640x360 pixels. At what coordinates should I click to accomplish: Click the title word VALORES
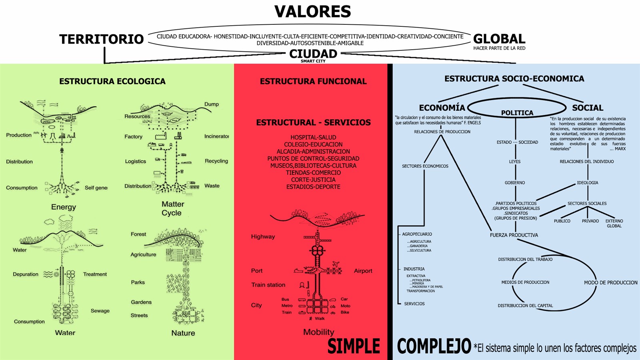click(x=312, y=12)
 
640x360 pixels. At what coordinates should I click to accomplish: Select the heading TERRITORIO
click(x=102, y=39)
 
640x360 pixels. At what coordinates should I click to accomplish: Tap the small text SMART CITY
click(x=313, y=61)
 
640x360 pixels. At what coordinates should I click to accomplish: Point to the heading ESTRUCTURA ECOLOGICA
click(x=112, y=81)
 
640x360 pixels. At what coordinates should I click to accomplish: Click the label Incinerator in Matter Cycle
click(x=216, y=136)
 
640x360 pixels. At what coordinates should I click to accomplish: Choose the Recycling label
click(x=216, y=161)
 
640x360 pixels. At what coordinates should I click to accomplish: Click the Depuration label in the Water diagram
click(x=26, y=274)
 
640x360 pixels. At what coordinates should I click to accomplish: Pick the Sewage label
click(x=100, y=311)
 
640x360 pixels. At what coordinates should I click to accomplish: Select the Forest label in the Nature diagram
click(x=138, y=234)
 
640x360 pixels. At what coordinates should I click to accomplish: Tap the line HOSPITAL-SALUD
click(x=313, y=137)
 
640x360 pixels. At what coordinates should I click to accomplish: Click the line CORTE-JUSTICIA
click(x=313, y=180)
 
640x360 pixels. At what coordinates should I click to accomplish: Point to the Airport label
click(x=363, y=271)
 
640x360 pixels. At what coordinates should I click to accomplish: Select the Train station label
click(x=268, y=285)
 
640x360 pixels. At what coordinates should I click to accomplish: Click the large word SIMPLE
click(x=354, y=346)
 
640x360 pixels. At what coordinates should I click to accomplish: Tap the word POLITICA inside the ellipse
click(x=517, y=113)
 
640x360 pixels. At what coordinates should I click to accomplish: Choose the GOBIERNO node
click(x=515, y=183)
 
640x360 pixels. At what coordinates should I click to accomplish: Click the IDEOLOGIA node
click(x=588, y=183)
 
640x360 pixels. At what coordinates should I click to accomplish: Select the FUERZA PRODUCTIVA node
click(x=514, y=235)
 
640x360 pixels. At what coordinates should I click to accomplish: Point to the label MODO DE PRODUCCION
click(x=610, y=282)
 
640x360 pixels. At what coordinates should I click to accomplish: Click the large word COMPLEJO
click(x=434, y=346)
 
